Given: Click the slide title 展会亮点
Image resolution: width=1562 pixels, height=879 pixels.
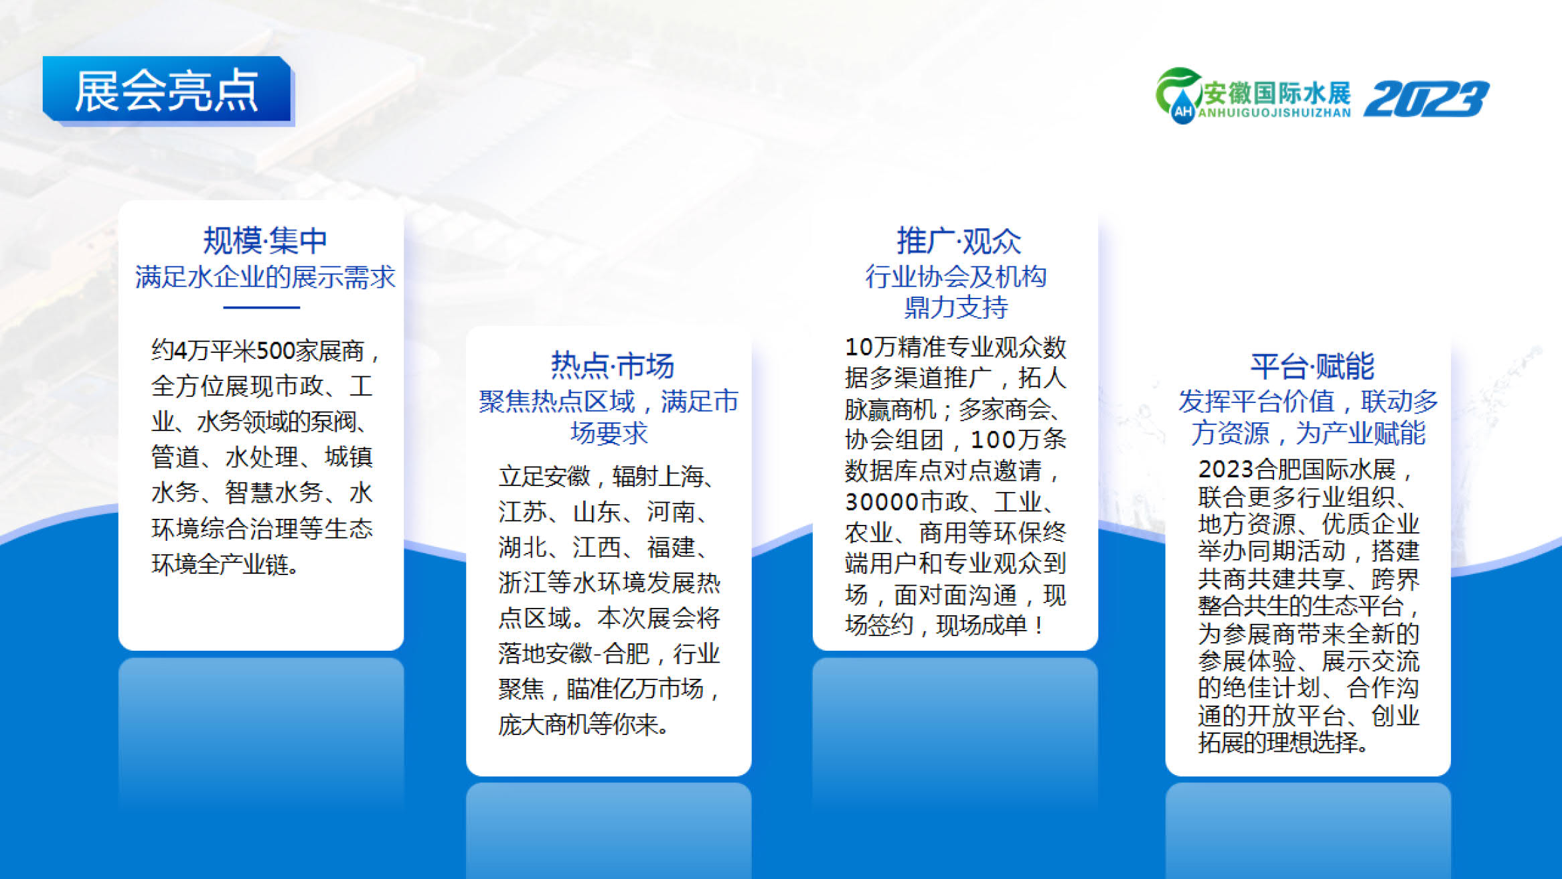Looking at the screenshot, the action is (166, 92).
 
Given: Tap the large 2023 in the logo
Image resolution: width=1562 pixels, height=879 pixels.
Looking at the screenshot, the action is (1426, 99).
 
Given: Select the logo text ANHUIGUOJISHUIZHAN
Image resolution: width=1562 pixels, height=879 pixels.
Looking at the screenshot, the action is (1274, 113).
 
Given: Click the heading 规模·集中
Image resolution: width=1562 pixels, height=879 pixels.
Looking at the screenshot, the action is (265, 241).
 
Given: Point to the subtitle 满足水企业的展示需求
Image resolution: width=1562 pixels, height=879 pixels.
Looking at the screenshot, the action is (265, 277).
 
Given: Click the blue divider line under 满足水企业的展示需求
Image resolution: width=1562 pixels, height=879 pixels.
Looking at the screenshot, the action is (261, 307).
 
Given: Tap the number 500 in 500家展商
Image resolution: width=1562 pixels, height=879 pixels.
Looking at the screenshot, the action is (277, 351).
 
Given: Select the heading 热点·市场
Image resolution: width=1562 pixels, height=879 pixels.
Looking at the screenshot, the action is (612, 366).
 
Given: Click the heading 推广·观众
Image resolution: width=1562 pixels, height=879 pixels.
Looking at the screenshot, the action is (959, 241).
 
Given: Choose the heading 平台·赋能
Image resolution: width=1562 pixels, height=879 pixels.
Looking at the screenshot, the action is (1312, 366).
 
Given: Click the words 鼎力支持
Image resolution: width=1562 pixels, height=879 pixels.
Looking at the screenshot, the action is (956, 308).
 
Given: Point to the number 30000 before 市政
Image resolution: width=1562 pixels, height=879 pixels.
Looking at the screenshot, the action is (882, 502).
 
